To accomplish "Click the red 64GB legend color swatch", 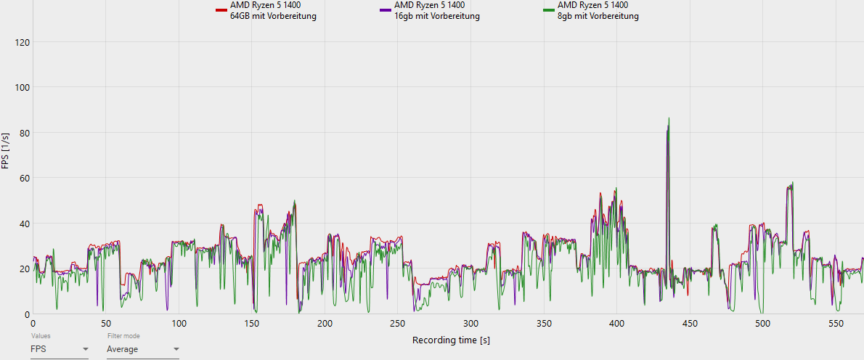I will pyautogui.click(x=221, y=10).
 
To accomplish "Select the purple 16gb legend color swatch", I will pyautogui.click(x=385, y=10).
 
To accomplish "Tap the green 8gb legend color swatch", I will pyautogui.click(x=548, y=10).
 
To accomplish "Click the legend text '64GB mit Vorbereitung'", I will pyautogui.click(x=272, y=16).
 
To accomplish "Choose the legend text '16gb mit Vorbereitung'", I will pyautogui.click(x=437, y=16).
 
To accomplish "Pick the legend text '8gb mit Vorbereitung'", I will pyautogui.click(x=598, y=16).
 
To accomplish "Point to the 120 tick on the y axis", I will pyautogui.click(x=22, y=42).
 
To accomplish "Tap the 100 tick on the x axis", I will pyautogui.click(x=179, y=324).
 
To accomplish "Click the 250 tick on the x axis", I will pyautogui.click(x=398, y=324).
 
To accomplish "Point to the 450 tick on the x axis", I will pyautogui.click(x=690, y=324).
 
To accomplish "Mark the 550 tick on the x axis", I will pyautogui.click(x=836, y=324).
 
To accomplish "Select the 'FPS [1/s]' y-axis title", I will pyautogui.click(x=6, y=151).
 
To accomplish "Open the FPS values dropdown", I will pyautogui.click(x=60, y=349).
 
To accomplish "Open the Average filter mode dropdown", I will pyautogui.click(x=142, y=349).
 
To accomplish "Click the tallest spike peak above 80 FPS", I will pyautogui.click(x=669, y=118).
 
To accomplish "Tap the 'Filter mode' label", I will pyautogui.click(x=123, y=336).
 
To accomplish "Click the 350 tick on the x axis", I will pyautogui.click(x=544, y=324).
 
